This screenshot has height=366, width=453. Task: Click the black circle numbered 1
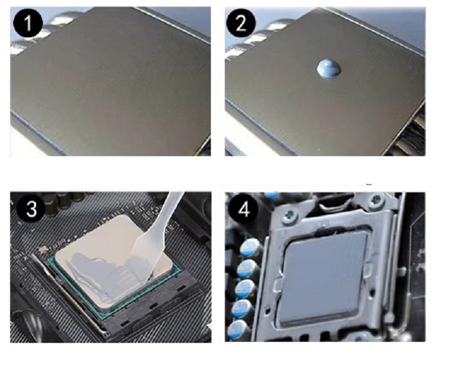tap(28, 23)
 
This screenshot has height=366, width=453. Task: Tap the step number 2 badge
tap(240, 23)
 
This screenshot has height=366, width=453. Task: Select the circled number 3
tap(31, 208)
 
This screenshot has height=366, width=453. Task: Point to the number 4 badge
tap(244, 209)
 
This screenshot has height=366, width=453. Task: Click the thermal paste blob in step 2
tap(329, 69)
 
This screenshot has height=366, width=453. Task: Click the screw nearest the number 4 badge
tap(290, 216)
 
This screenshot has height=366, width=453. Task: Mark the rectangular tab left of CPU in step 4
tap(278, 286)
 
